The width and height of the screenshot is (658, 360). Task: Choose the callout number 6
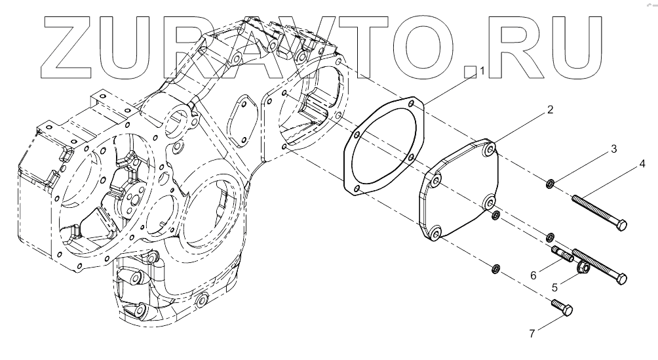(533, 276)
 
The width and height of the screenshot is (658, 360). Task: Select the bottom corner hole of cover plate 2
(434, 231)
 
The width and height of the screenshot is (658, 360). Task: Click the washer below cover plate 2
(495, 268)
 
